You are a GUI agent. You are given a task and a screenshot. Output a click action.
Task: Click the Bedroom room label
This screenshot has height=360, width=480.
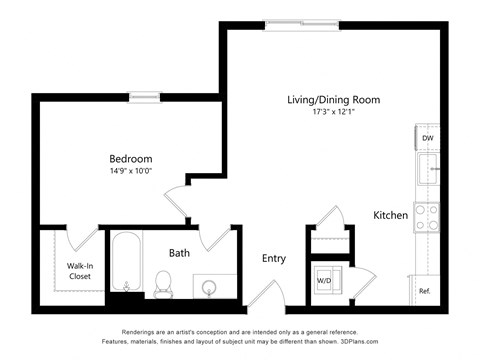coord(131,158)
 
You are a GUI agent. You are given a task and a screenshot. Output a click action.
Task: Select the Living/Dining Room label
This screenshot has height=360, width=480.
coord(333,100)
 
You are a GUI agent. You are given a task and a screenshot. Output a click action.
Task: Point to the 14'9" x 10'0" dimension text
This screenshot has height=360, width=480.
coord(131,172)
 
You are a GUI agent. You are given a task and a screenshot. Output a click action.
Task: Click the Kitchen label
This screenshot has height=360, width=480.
coord(390,215)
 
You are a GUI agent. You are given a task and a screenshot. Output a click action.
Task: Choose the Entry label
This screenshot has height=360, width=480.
coord(273,258)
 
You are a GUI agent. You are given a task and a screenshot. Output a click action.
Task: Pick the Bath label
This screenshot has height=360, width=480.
coord(179,253)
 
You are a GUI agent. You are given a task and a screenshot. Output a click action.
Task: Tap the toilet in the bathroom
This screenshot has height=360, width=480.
coord(163,283)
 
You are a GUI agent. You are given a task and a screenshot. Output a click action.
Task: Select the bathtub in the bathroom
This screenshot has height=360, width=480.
coord(125,262)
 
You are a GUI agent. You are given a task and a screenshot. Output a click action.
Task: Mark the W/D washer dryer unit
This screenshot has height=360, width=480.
coord(326,280)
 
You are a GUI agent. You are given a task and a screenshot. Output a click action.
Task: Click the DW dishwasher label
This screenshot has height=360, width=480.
coord(427,139)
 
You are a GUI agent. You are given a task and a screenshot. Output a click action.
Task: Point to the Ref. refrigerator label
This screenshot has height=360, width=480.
coord(425,291)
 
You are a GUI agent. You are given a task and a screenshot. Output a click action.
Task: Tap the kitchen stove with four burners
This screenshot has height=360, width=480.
coord(427,217)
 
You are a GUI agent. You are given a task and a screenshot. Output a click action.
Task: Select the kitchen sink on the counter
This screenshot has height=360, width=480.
coord(429,168)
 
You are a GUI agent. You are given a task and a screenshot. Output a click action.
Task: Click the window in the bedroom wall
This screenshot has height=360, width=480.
coord(144,97)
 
